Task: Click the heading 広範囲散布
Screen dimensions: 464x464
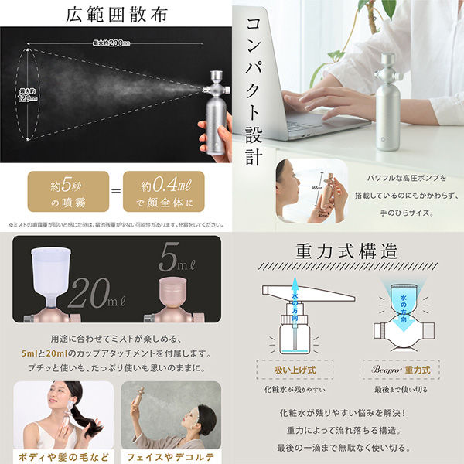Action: point(116,13)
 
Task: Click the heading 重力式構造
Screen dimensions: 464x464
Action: point(347,252)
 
